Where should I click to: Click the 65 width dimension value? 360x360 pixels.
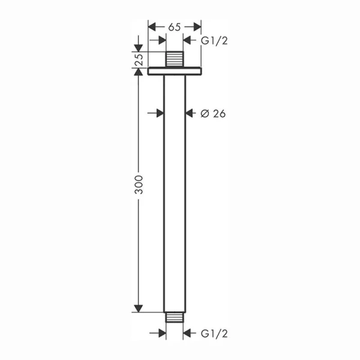click(175, 26)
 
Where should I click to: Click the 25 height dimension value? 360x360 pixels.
click(139, 59)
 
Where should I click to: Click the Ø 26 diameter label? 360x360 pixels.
click(213, 113)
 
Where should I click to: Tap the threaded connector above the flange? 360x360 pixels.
click(175, 59)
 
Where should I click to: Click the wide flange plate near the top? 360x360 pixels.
click(175, 71)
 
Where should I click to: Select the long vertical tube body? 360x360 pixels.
click(175, 192)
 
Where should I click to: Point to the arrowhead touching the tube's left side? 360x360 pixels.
click(160, 113)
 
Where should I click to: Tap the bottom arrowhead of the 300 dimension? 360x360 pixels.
click(139, 308)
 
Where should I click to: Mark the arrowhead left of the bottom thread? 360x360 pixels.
click(162, 332)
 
